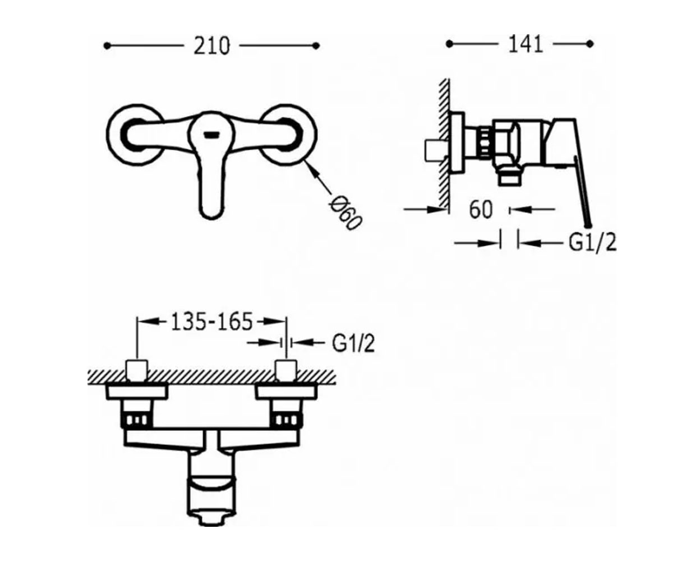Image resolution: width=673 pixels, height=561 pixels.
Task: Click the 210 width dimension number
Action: pyautogui.click(x=212, y=46)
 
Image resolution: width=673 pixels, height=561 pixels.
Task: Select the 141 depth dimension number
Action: pyautogui.click(x=526, y=44)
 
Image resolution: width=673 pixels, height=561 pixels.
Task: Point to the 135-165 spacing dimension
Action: pyautogui.click(x=211, y=321)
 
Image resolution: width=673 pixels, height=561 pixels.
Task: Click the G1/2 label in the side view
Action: pyautogui.click(x=592, y=243)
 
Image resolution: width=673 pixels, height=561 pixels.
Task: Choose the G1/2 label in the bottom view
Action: pyautogui.click(x=353, y=344)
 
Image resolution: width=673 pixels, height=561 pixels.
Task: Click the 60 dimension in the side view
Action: pyautogui.click(x=481, y=210)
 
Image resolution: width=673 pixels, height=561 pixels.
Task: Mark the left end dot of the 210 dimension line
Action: pyautogui.click(x=107, y=46)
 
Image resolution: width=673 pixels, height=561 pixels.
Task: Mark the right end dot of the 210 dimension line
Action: pyautogui.click(x=316, y=46)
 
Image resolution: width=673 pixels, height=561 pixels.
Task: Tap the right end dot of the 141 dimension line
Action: pyautogui.click(x=590, y=44)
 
